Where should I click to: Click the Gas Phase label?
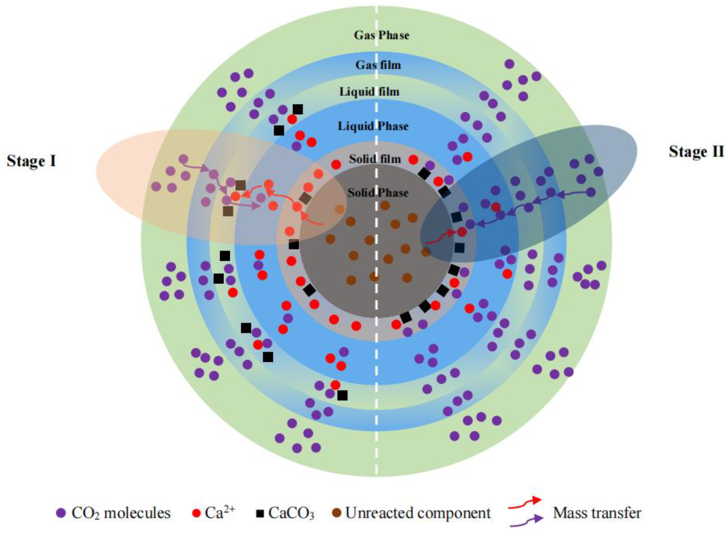[x=381, y=35]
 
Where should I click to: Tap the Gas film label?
[x=378, y=65]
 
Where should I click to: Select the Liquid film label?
[x=369, y=92]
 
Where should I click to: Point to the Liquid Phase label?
[x=373, y=126]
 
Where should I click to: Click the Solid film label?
[x=375, y=159]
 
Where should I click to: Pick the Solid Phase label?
[x=378, y=193]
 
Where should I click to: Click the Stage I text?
[x=32, y=161]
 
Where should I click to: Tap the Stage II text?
[x=696, y=152]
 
